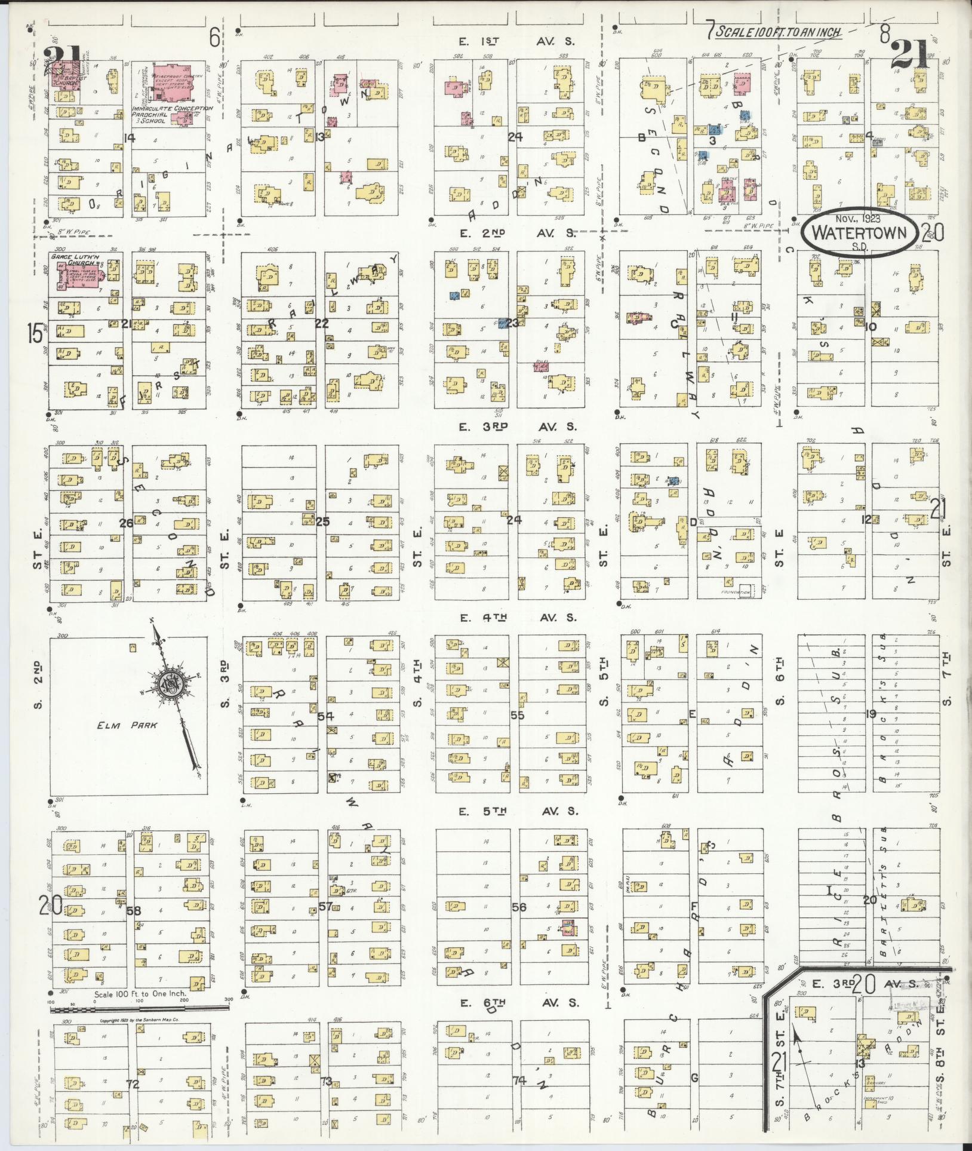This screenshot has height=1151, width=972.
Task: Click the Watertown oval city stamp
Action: pos(859,234)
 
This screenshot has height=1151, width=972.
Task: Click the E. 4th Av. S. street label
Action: pos(518,618)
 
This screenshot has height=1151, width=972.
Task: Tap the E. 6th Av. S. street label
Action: pos(518,1003)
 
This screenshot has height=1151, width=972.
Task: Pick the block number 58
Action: pos(134,911)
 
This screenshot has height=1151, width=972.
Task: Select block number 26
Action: pos(126,523)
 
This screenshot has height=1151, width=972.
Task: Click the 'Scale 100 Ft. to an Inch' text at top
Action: pos(779,33)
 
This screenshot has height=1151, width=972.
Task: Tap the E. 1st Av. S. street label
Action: pos(517,42)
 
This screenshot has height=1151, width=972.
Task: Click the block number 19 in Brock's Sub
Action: pos(871,714)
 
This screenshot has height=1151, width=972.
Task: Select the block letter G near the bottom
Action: pos(694,1078)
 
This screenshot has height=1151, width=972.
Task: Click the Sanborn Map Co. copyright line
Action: pos(139,1021)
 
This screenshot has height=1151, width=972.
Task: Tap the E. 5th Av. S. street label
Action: pos(518,811)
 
